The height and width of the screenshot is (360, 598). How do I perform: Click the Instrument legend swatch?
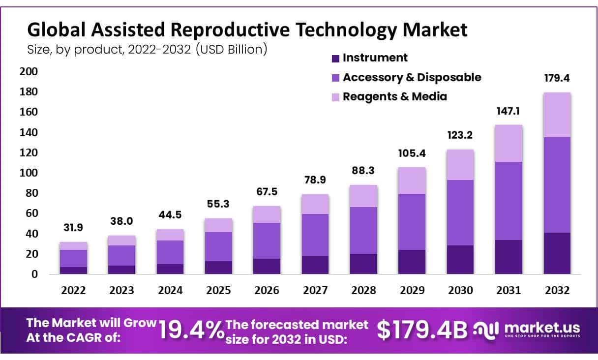coord(336,59)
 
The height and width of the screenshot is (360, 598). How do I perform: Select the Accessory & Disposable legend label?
coord(412,77)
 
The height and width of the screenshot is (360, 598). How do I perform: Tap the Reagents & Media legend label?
coord(395,96)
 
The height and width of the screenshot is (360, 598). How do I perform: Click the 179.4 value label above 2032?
coord(557,78)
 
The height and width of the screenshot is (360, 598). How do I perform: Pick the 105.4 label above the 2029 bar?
coord(412,153)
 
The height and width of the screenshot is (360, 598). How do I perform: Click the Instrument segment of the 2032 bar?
coord(557,253)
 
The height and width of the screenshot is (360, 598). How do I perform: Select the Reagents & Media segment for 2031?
coord(508,143)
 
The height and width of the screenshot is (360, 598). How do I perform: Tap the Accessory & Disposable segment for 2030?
coord(460,212)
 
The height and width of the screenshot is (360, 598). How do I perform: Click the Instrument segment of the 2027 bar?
coord(315,265)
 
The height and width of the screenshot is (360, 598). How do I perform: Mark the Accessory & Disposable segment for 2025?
coord(218,246)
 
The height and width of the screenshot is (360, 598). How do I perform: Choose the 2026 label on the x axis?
coord(267,291)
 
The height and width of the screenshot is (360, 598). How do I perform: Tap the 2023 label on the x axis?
coord(121,291)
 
